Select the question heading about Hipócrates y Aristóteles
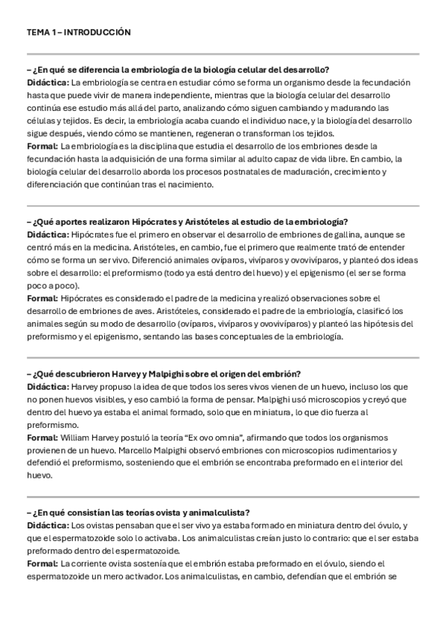point(186,221)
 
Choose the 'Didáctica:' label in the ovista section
point(48,525)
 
